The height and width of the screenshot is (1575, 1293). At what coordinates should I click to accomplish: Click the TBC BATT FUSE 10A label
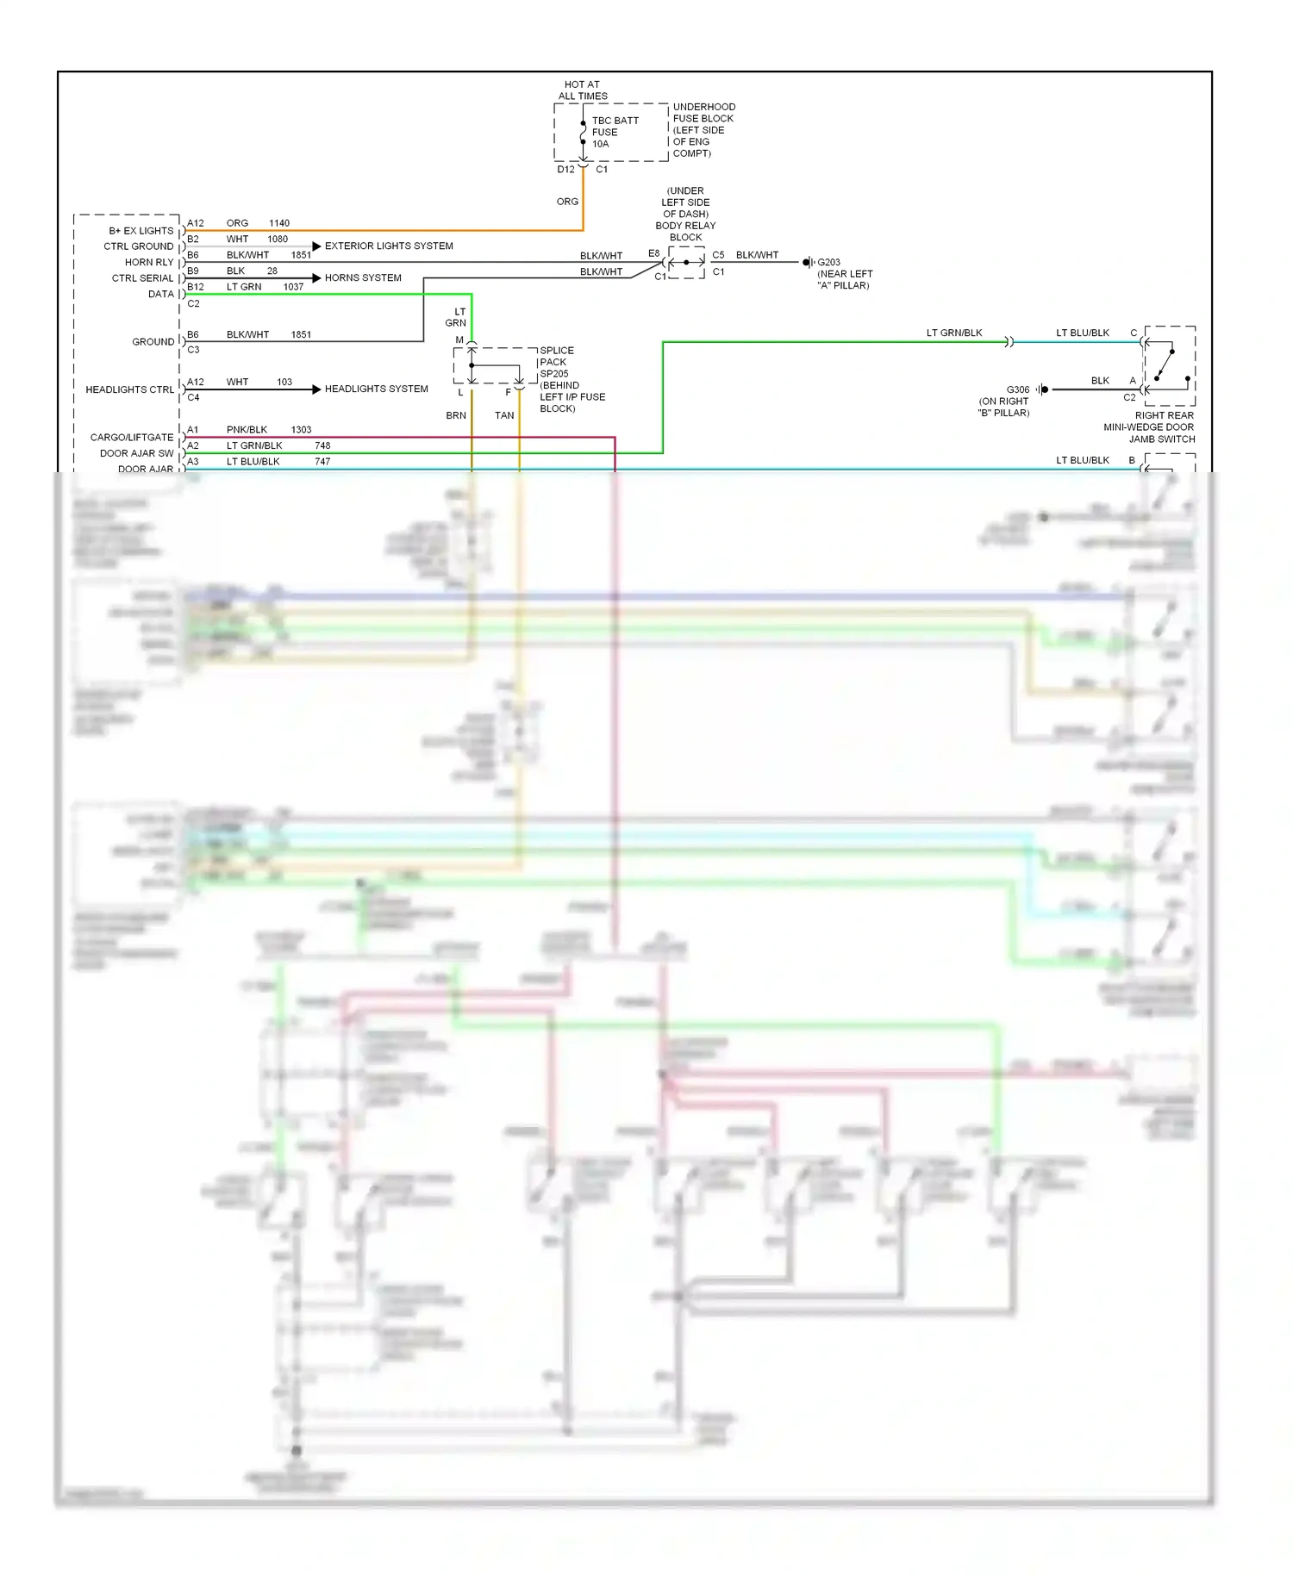click(615, 132)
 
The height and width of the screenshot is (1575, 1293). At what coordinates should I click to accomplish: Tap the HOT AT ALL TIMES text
click(583, 90)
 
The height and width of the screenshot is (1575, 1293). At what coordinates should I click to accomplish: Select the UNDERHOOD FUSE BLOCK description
click(703, 130)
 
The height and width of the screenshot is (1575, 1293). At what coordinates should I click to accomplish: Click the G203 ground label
click(843, 273)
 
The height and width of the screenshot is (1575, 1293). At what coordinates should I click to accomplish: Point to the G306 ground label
click(1005, 401)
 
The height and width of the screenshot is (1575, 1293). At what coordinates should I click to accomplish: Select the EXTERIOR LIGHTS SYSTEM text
click(389, 246)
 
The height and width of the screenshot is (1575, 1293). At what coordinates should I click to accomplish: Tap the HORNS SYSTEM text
click(363, 277)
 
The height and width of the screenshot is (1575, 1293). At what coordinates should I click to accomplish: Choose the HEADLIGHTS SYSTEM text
click(376, 389)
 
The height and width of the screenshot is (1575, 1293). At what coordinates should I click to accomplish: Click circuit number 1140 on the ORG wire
click(279, 223)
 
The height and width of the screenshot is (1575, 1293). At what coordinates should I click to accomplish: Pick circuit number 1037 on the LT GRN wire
click(293, 287)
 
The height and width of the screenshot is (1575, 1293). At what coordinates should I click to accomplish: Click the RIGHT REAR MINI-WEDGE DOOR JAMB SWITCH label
click(1150, 426)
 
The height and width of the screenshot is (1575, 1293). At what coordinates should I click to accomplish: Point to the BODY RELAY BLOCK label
click(685, 214)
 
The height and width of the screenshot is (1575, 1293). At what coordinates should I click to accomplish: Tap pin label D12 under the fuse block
click(565, 170)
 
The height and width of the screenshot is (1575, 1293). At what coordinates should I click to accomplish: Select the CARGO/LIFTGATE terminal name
click(132, 437)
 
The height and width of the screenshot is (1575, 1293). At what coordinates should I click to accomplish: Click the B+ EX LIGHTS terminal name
click(141, 230)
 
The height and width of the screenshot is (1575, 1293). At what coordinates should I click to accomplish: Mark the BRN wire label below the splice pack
click(456, 415)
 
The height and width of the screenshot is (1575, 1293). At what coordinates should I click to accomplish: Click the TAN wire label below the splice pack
click(504, 415)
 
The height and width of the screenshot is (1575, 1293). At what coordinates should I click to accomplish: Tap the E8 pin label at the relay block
click(653, 253)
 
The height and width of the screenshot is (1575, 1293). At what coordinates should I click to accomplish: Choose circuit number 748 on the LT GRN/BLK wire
click(322, 445)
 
